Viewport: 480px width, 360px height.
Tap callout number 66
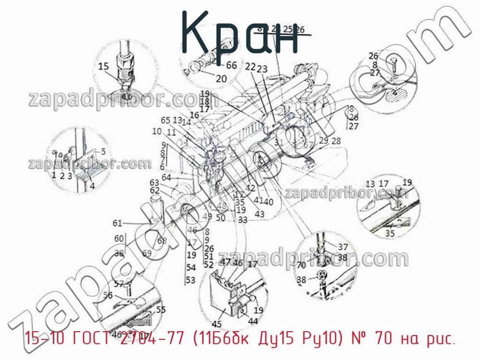click(x=231, y=65)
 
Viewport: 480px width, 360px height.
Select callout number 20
click(x=221, y=79)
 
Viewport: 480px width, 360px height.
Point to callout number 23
click(x=262, y=69)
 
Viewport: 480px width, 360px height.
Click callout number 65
click(x=166, y=120)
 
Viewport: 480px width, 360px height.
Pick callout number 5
click(x=103, y=151)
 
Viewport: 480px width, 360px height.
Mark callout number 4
click(x=92, y=185)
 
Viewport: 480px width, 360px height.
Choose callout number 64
click(x=166, y=177)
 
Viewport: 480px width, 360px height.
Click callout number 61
click(x=118, y=223)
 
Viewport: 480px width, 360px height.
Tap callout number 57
click(x=118, y=284)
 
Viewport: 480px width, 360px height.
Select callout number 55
click(x=160, y=309)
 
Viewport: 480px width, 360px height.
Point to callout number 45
click(x=216, y=324)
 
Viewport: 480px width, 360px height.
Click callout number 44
click(x=253, y=321)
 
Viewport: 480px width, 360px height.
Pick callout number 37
click(x=343, y=246)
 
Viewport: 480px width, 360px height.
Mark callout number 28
click(x=336, y=141)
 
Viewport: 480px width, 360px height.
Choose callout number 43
click(x=259, y=214)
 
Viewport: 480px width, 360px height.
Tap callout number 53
click(x=191, y=280)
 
